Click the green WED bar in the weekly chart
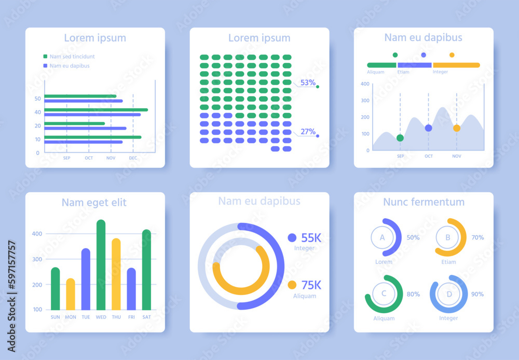pyautogui.click(x=101, y=265)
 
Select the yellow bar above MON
pyautogui.click(x=70, y=295)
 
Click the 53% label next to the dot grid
pyautogui.click(x=308, y=83)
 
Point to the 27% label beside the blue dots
pyautogui.click(x=308, y=131)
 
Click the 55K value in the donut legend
pyautogui.click(x=311, y=238)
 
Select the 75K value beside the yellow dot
pyautogui.click(x=311, y=285)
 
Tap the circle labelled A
pyautogui.click(x=383, y=238)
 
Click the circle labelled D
pyautogui.click(x=448, y=294)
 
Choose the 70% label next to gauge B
pyautogui.click(x=477, y=237)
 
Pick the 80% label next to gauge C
pyautogui.click(x=413, y=294)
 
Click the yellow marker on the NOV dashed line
pyautogui.click(x=457, y=128)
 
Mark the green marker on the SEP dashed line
pyautogui.click(x=400, y=138)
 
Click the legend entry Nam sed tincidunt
pyautogui.click(x=72, y=56)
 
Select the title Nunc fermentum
pyautogui.click(x=424, y=202)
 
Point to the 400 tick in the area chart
pyautogui.click(x=364, y=84)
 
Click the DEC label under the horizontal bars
pyautogui.click(x=133, y=158)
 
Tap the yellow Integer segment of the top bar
pyautogui.click(x=456, y=65)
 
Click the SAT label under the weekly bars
pyautogui.click(x=147, y=317)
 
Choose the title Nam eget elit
pyautogui.click(x=94, y=202)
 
